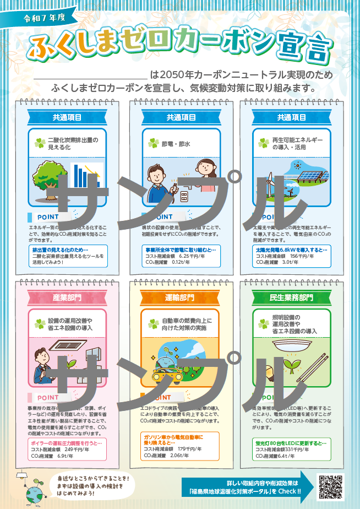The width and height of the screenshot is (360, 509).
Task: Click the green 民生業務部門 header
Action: tap(291, 298)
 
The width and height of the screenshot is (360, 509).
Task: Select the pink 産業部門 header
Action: tap(67, 298)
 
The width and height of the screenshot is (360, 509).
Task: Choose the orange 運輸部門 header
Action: tap(179, 298)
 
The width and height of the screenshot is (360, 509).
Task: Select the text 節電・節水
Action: tap(177, 144)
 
